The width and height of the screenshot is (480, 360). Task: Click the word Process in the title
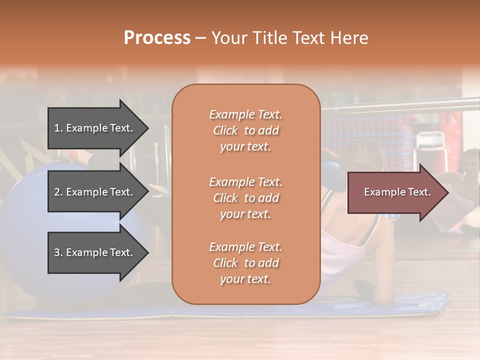(x=157, y=38)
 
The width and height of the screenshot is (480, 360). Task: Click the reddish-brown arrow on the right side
(x=395, y=192)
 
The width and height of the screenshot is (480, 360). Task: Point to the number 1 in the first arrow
(x=57, y=128)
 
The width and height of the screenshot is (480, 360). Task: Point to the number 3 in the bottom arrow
(x=57, y=252)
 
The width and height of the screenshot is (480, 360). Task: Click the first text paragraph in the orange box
(x=245, y=130)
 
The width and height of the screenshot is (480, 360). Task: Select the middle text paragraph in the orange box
(x=245, y=197)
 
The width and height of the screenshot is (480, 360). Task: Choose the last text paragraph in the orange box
(x=245, y=263)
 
